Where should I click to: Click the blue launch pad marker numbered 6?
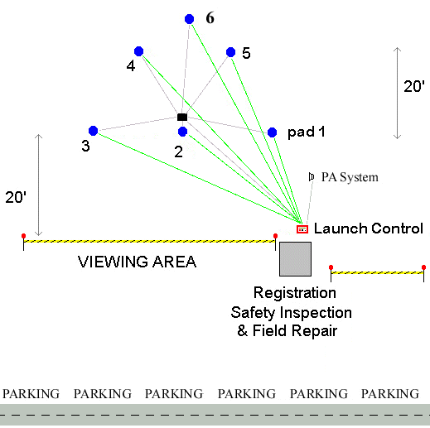189,19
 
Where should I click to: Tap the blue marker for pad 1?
272,132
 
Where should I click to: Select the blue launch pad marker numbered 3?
93,131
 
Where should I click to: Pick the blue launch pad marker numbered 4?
138,51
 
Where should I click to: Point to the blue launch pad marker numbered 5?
230,52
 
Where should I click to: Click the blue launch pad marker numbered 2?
182,132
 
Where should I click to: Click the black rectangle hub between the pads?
182,118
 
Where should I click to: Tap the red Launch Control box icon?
302,229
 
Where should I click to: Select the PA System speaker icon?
312,177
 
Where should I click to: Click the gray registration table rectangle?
295,259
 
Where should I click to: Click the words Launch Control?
369,228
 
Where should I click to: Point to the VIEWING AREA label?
137,262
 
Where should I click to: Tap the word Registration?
295,293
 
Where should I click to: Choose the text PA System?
350,177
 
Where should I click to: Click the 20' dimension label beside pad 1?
414,86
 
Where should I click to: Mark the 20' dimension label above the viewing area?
16,197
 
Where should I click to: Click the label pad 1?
306,132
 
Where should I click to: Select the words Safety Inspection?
292,313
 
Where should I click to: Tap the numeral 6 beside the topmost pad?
210,18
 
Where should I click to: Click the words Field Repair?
295,330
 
